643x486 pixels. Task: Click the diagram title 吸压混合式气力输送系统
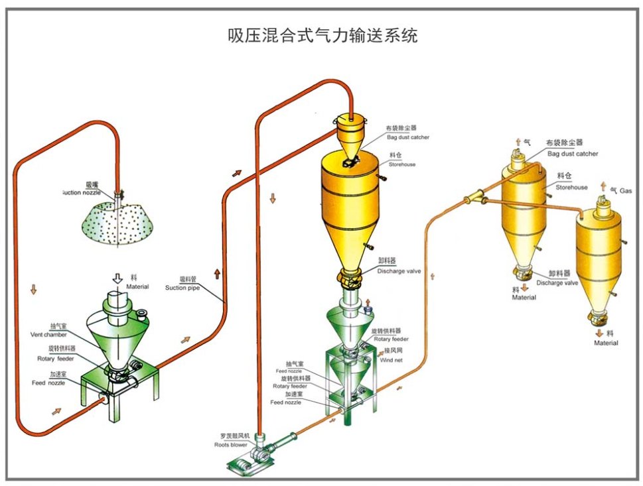click(322, 35)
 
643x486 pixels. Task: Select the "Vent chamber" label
click(48, 334)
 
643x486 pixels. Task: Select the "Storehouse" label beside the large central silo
click(402, 164)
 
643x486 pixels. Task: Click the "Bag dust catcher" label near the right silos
click(573, 154)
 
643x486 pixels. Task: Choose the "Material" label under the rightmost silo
click(606, 343)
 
